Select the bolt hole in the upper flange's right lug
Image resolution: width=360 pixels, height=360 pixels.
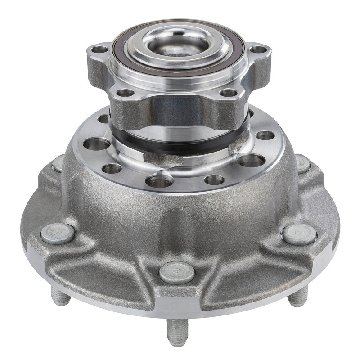257,49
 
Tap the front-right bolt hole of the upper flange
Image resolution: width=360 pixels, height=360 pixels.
229,93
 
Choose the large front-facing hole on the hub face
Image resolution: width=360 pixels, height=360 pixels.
159,181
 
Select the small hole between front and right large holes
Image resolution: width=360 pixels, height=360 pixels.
214,180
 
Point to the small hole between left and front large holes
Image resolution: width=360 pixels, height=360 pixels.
112,169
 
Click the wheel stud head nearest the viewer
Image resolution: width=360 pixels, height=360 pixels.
177,272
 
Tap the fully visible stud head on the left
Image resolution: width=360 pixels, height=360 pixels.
58,234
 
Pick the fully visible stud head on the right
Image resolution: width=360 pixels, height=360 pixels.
300,234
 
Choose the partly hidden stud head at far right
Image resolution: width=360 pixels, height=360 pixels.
303,164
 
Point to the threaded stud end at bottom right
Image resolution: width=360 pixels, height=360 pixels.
298,297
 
